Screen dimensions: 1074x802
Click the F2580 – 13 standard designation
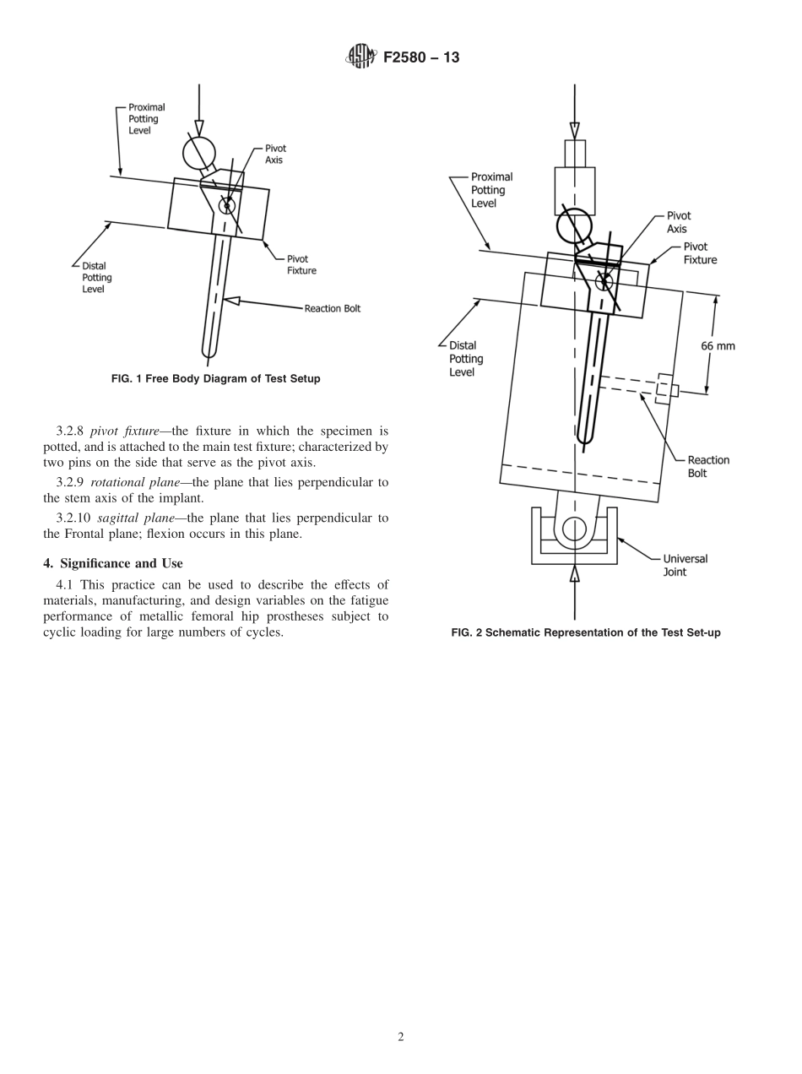pos(421,58)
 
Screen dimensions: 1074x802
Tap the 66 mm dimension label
pos(718,345)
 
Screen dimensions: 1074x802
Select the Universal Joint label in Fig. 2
pos(685,565)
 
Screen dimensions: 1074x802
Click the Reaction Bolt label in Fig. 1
pos(332,308)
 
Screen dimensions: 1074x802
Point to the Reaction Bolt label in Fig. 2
pos(707,466)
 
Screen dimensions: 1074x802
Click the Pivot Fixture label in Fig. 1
pos(301,264)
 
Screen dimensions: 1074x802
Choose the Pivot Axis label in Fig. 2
pos(678,222)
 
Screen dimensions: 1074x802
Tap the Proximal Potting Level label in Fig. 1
pos(146,119)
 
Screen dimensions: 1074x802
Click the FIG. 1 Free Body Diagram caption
pos(215,379)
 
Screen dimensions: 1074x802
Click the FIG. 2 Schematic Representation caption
pos(585,632)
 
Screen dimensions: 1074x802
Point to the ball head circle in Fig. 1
pos(198,153)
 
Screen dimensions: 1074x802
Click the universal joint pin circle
pos(574,529)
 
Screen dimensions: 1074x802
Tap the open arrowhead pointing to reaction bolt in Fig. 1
pos(231,300)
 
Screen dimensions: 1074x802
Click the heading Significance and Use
pos(112,563)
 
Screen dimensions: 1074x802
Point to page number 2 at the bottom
pos(400,1037)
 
